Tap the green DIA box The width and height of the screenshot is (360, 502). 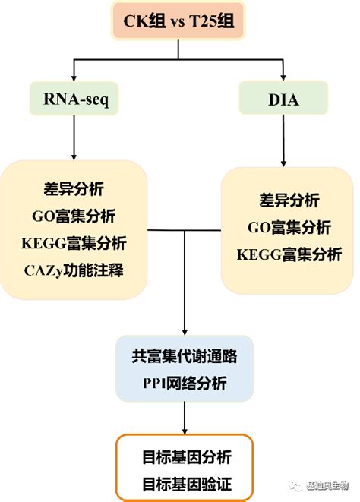(283, 99)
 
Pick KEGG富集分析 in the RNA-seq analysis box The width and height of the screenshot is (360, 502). (74, 243)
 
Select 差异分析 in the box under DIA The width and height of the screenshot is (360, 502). (289, 200)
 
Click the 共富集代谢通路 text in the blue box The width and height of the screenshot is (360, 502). (184, 355)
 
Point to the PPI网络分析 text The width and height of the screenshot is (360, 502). (184, 381)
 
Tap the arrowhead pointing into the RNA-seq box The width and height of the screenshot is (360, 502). (73, 77)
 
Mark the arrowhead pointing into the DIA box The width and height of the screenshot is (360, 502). (283, 77)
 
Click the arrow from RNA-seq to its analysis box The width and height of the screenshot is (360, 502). (73, 137)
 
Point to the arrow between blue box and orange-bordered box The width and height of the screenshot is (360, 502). (185, 418)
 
